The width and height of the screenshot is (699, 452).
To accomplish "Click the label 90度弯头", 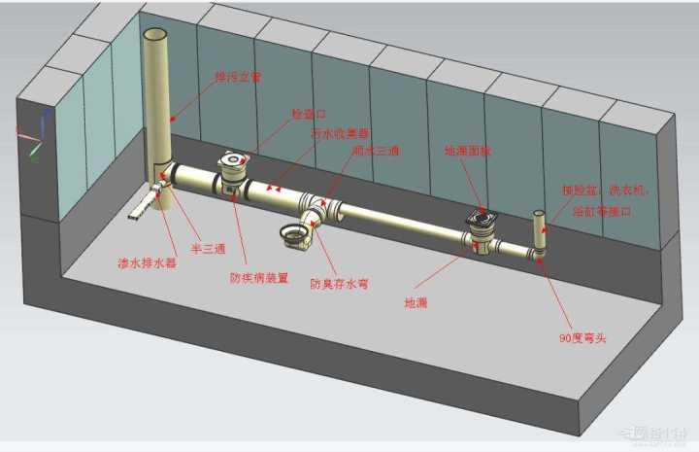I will tap(582, 337).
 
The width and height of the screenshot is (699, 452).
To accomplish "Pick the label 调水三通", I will tap(370, 152).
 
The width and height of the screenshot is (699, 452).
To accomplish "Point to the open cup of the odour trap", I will tap(293, 232).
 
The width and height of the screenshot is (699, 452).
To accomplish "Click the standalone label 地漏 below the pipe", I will tap(415, 302).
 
